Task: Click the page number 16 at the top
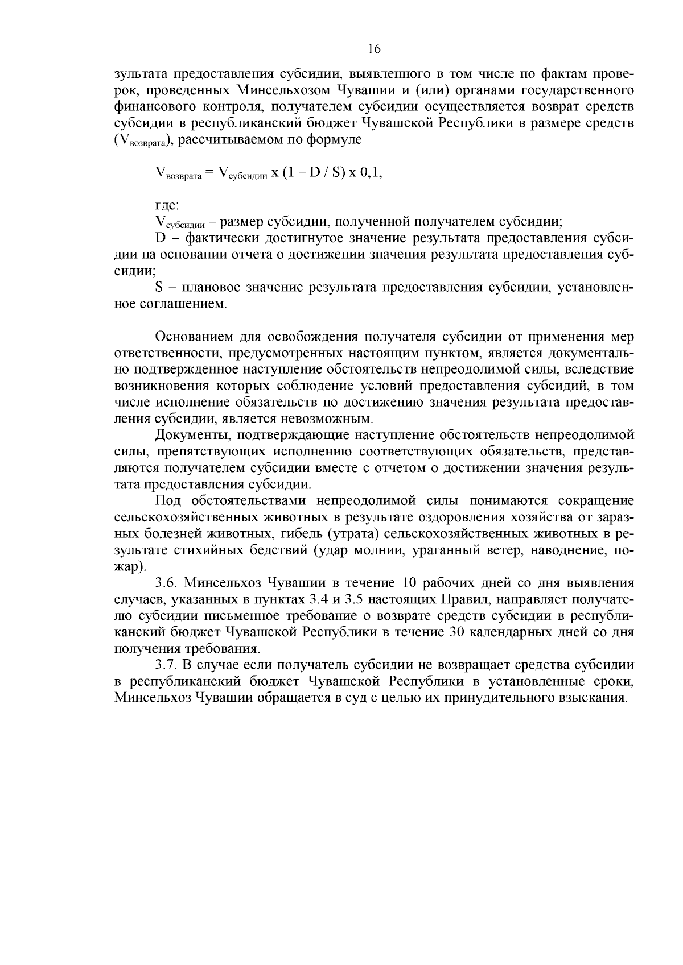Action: [x=373, y=49]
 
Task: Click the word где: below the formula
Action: [x=167, y=205]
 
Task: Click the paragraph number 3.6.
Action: [x=166, y=583]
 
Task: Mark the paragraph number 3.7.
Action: [x=166, y=665]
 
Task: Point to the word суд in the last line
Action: [x=355, y=698]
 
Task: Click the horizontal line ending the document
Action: [x=373, y=738]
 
